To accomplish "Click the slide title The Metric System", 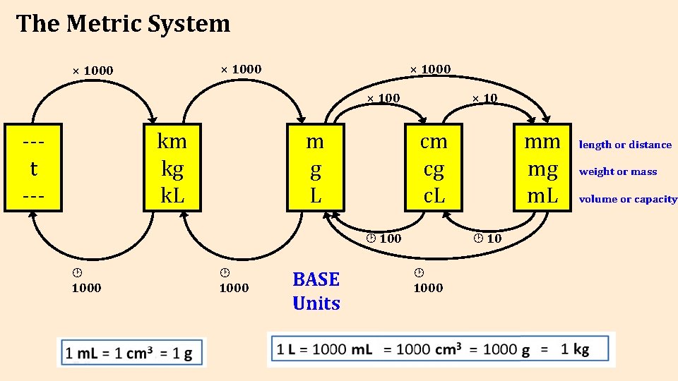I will [x=123, y=24].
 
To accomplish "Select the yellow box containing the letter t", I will [x=33, y=168].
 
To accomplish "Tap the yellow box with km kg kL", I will [x=172, y=168].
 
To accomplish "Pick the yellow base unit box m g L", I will [x=315, y=168].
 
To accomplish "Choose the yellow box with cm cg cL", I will [x=434, y=168].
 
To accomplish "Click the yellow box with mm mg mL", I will [x=542, y=168].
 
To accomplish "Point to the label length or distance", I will [x=625, y=145].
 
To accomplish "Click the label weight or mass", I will [x=617, y=171].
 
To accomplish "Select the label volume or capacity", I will [x=627, y=199].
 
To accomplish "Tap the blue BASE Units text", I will [x=316, y=291].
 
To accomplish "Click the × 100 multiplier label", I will [x=383, y=97].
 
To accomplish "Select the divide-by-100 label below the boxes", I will [x=383, y=238].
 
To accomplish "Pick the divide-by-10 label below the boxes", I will [x=487, y=238].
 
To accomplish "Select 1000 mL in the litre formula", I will [x=342, y=349].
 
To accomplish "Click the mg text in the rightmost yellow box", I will [x=542, y=169].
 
